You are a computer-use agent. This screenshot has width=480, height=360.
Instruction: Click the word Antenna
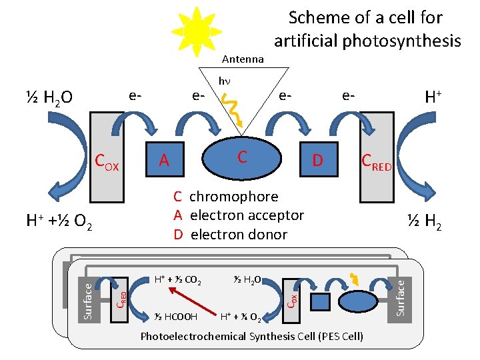(243, 59)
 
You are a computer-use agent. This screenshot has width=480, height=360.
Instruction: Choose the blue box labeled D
(318, 160)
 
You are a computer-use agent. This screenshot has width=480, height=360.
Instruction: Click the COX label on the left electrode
(107, 162)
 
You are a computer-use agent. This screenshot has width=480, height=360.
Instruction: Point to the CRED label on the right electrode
(377, 162)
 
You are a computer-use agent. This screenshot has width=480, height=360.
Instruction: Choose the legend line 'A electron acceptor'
(238, 215)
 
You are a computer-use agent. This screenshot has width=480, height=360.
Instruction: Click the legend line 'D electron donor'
(230, 234)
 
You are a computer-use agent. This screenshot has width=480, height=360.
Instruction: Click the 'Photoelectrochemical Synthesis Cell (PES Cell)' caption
(252, 336)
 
